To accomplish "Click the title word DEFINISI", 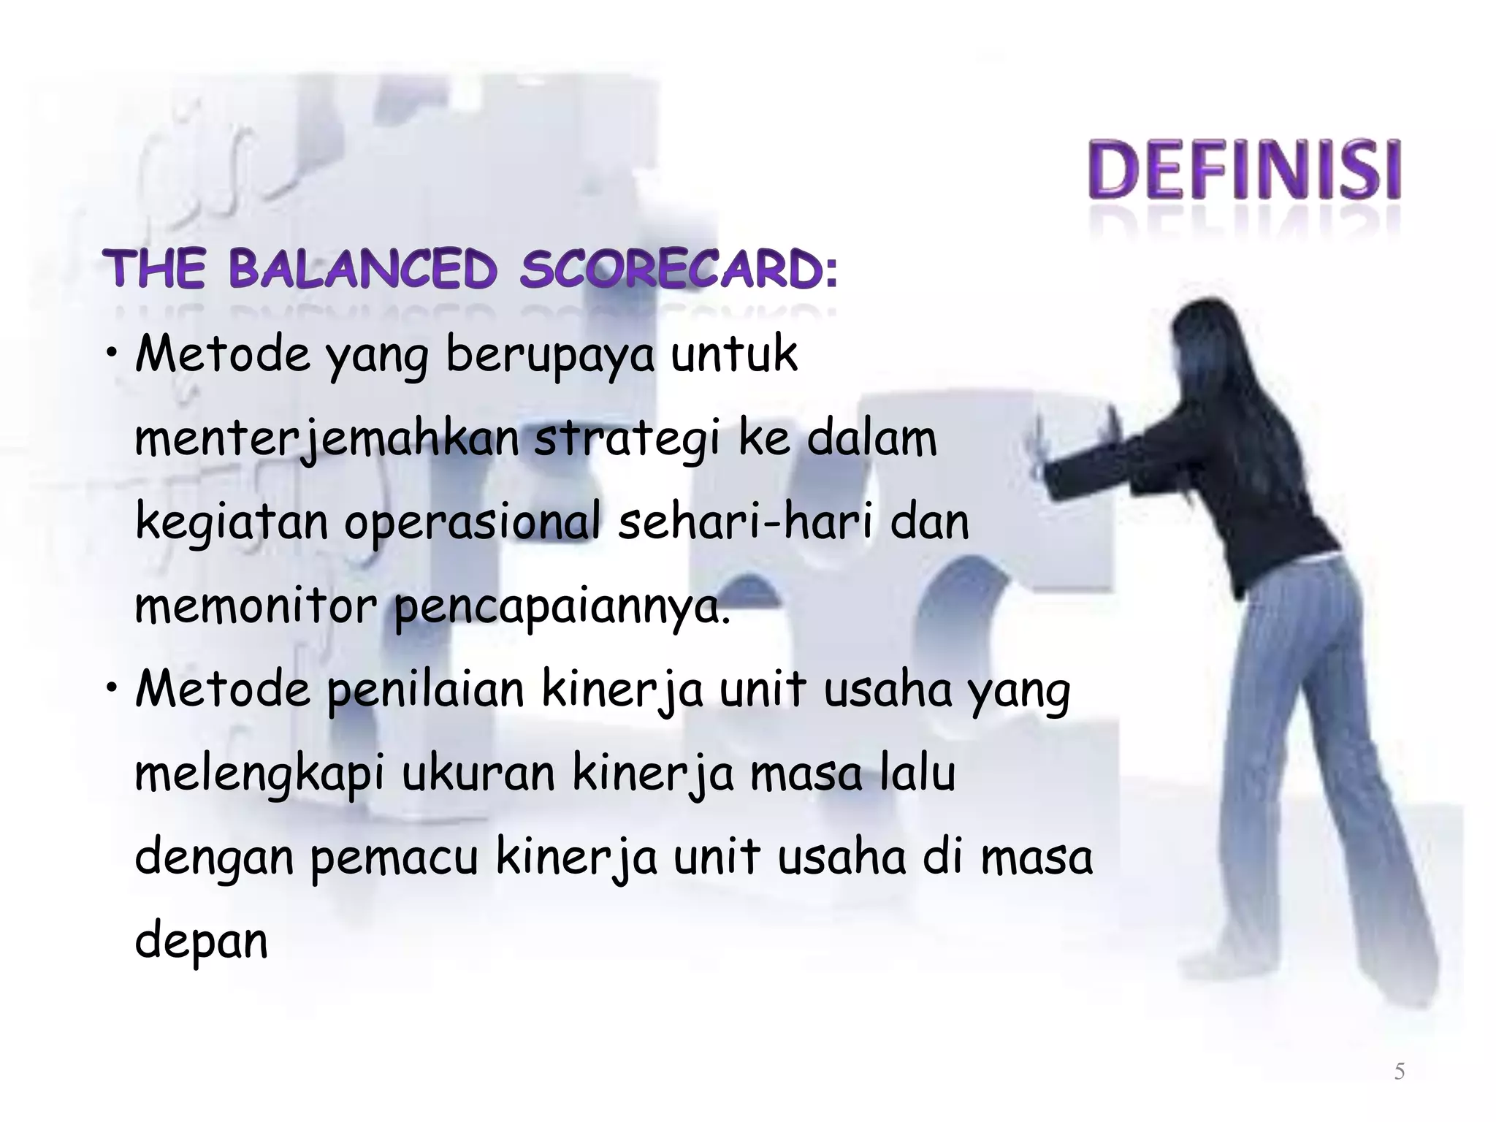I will [x=1244, y=169].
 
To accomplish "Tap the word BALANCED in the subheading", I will [x=363, y=270].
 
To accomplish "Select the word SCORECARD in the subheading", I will [x=678, y=270].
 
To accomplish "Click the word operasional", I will [x=473, y=523].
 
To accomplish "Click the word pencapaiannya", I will [x=562, y=608].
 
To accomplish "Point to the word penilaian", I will [x=425, y=690].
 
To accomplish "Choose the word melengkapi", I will [x=259, y=774].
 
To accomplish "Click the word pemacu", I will [x=394, y=858].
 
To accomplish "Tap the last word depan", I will [x=202, y=942].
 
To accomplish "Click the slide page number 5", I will [x=1399, y=1072].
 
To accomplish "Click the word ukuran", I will [x=478, y=774].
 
